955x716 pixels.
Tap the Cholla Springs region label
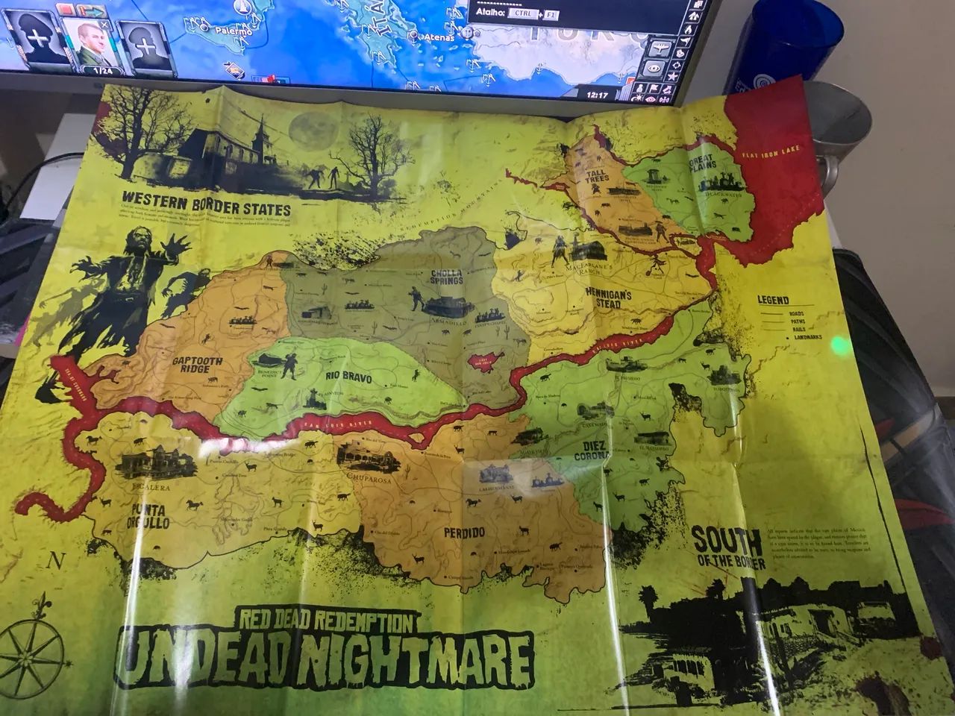click(x=447, y=277)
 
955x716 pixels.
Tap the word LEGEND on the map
click(x=773, y=300)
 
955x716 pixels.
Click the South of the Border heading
click(x=727, y=548)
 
